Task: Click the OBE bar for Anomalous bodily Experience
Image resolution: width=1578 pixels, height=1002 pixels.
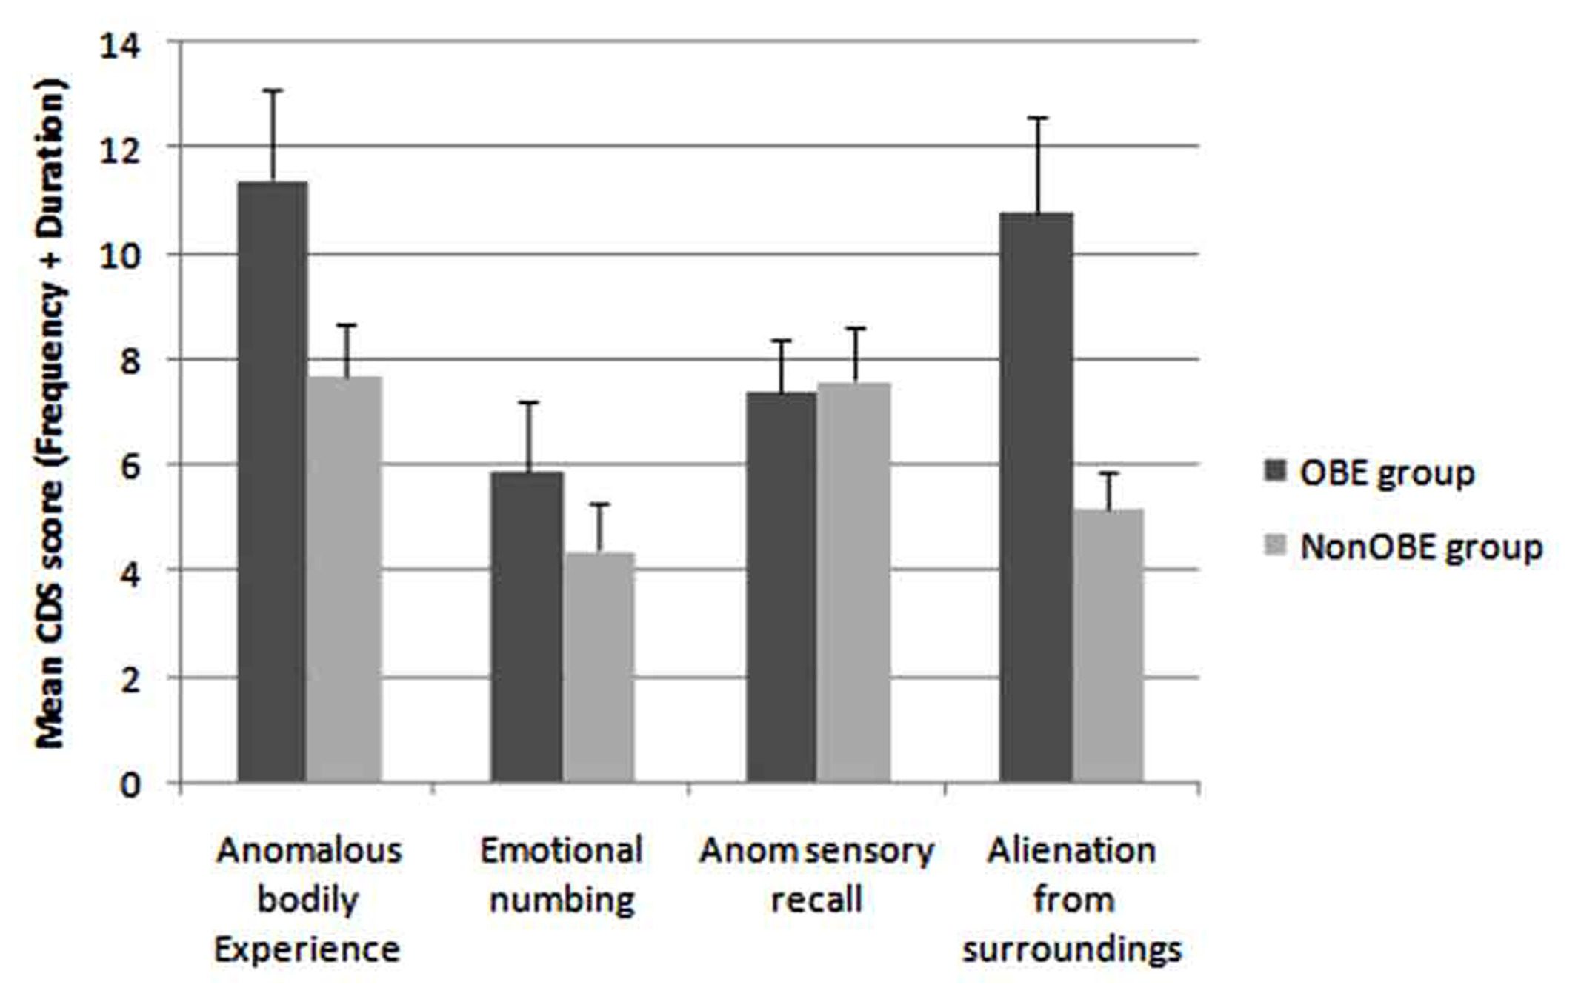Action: (x=272, y=481)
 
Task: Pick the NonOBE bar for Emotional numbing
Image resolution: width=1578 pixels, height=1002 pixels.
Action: (x=599, y=667)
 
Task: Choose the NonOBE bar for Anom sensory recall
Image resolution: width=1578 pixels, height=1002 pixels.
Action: (x=853, y=582)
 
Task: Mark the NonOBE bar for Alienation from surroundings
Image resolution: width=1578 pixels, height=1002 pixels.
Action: (x=1108, y=645)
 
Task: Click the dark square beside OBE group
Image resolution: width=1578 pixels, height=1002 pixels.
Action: (x=1275, y=471)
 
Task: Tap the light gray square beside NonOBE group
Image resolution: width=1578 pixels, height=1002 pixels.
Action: (x=1275, y=546)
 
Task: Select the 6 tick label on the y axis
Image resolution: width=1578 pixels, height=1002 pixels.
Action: (x=129, y=467)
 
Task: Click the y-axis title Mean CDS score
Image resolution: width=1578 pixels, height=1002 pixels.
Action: (x=50, y=415)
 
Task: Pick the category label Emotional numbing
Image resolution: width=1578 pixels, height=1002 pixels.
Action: (x=562, y=875)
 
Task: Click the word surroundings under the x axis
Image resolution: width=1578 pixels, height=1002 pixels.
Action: (x=1071, y=949)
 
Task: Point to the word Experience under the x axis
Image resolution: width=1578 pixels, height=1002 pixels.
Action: (x=307, y=949)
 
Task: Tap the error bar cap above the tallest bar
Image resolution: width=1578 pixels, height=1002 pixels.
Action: (x=273, y=90)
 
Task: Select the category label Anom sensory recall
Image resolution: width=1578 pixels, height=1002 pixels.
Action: (x=816, y=875)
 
